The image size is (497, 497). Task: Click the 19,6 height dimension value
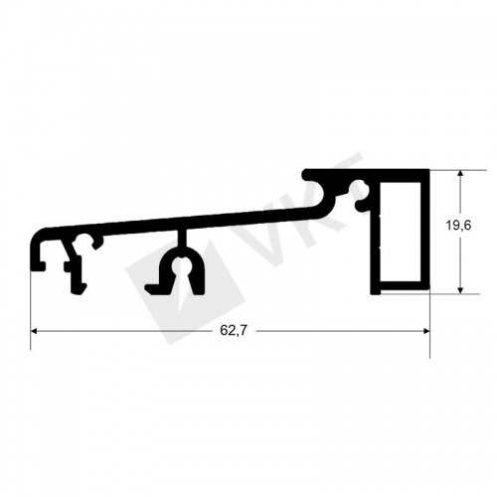tap(458, 226)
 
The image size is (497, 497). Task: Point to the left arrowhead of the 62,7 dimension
tap(37, 331)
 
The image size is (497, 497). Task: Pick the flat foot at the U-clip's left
tap(153, 289)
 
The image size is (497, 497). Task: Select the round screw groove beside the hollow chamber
tap(360, 190)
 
